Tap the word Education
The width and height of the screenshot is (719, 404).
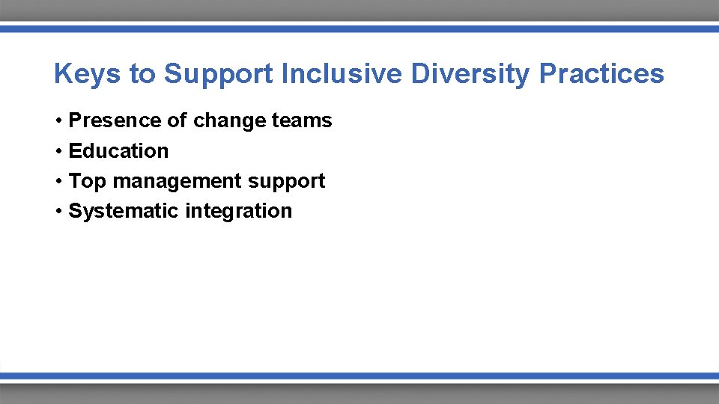[118, 151]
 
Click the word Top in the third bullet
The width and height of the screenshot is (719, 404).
[88, 181]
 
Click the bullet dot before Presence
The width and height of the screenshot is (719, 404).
[58, 121]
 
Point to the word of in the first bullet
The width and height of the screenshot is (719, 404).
[178, 120]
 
